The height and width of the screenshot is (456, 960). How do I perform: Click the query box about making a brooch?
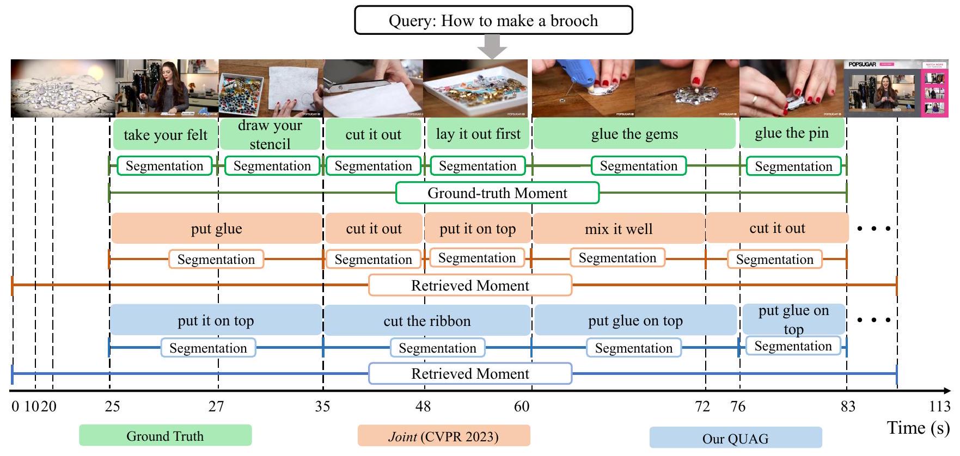(493, 21)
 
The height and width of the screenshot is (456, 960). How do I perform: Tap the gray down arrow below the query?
(492, 47)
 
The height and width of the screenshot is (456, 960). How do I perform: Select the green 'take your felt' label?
(166, 135)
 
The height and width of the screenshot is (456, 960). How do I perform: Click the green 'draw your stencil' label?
(270, 134)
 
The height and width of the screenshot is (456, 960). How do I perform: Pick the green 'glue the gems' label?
(634, 134)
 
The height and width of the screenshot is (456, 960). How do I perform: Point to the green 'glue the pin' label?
(792, 133)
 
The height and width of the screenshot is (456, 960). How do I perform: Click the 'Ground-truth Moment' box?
(497, 193)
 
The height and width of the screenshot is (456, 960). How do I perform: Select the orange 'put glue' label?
(216, 229)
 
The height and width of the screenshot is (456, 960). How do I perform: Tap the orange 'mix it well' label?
(618, 229)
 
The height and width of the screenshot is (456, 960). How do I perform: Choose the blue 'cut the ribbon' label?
(427, 321)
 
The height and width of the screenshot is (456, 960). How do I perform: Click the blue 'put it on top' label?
(216, 321)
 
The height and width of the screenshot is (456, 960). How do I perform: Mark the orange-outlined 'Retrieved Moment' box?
(470, 286)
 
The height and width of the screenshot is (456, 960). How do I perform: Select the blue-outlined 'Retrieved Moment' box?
(470, 374)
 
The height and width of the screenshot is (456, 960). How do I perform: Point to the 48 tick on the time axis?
(423, 406)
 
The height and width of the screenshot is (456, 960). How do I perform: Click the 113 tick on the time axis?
(939, 406)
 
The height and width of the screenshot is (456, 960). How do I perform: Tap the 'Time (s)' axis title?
(918, 428)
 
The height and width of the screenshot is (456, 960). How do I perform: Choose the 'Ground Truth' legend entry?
(165, 436)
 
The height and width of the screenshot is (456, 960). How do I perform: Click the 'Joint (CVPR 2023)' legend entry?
(443, 436)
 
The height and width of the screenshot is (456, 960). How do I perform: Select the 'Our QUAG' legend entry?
(735, 439)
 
